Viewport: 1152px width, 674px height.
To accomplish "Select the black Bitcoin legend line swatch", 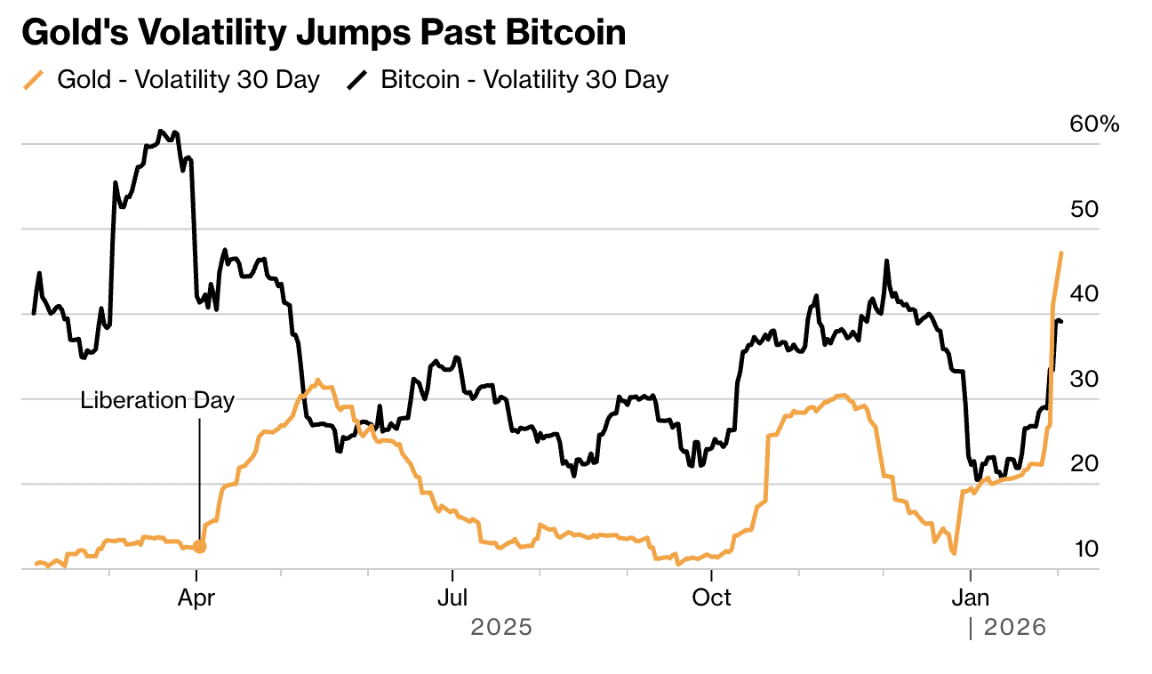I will [356, 80].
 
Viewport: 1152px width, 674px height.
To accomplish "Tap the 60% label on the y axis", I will [1094, 124].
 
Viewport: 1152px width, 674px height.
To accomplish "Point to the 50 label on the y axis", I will [1085, 209].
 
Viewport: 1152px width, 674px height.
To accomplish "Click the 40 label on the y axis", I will [1085, 294].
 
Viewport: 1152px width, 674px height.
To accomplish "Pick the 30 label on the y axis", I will [1085, 379].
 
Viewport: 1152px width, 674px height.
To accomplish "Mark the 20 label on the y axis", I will [1085, 464].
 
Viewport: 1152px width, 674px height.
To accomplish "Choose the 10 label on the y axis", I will [1085, 549].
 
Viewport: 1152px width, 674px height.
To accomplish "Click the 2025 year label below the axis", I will [501, 628].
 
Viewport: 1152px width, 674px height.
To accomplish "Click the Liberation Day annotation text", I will [157, 400].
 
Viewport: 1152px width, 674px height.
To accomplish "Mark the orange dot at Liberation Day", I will [200, 547].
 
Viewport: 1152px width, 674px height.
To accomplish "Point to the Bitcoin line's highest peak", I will [161, 131].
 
